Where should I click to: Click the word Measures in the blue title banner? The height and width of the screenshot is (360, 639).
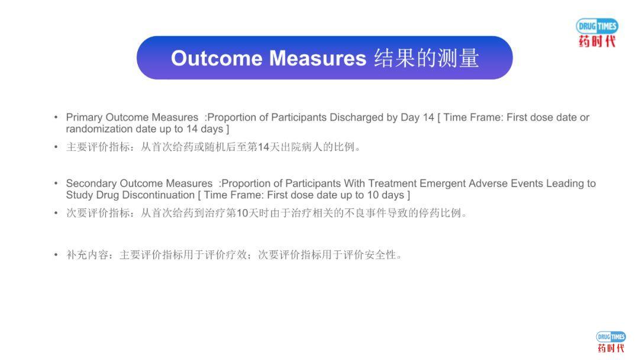(x=318, y=58)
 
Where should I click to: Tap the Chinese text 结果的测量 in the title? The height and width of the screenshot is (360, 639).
(x=426, y=58)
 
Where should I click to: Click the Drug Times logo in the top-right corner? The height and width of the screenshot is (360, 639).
(x=597, y=33)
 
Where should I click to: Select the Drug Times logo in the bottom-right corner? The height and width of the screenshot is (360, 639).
(x=611, y=342)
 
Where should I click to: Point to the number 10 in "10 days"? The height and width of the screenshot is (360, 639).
(x=373, y=195)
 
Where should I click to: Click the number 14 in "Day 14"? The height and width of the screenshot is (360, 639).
(x=428, y=117)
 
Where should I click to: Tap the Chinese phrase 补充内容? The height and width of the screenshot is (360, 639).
(x=87, y=255)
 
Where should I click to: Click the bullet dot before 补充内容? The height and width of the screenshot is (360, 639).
(x=56, y=255)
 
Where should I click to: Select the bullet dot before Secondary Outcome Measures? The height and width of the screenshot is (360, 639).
(x=56, y=184)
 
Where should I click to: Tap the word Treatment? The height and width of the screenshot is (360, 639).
(x=392, y=184)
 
